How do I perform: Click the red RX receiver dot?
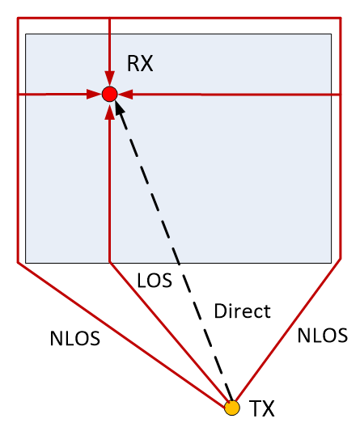click(x=110, y=95)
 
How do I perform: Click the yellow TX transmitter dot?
click(x=232, y=408)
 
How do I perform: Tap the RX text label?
click(x=140, y=63)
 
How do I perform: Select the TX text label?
click(x=261, y=408)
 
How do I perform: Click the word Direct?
click(x=242, y=311)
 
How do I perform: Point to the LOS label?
click(x=155, y=280)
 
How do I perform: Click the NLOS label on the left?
click(x=75, y=339)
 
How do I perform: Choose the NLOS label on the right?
click(x=323, y=336)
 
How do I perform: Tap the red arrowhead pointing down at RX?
click(x=110, y=78)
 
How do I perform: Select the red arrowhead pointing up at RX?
click(x=110, y=111)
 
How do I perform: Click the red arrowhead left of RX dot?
click(x=94, y=95)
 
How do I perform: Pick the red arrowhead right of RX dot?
click(x=125, y=95)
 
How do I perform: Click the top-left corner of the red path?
click(x=18, y=19)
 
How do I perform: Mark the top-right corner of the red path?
click(x=341, y=19)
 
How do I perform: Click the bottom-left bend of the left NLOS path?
click(x=18, y=263)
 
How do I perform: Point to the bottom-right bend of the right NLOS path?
click(x=341, y=260)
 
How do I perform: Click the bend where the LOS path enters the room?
click(x=110, y=263)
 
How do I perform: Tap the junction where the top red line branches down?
click(x=110, y=19)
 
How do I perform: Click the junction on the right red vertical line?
click(x=341, y=95)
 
